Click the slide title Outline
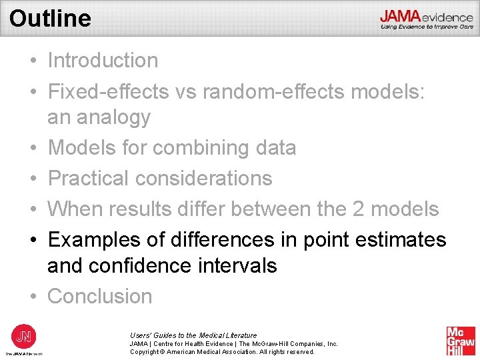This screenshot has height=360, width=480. [50, 18]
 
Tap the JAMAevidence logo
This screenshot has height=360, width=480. [427, 19]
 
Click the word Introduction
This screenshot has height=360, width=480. [103, 60]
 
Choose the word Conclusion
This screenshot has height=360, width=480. [100, 295]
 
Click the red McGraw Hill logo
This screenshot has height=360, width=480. [461, 341]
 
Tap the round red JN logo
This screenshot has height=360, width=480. [23, 335]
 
